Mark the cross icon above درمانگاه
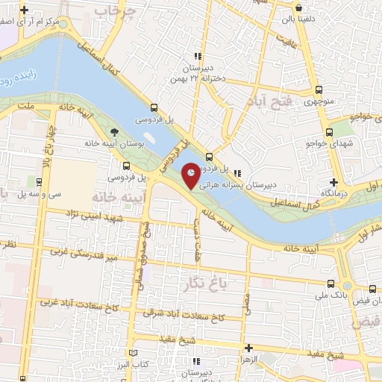click(x=334, y=182)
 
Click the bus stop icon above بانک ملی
click(x=331, y=284)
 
